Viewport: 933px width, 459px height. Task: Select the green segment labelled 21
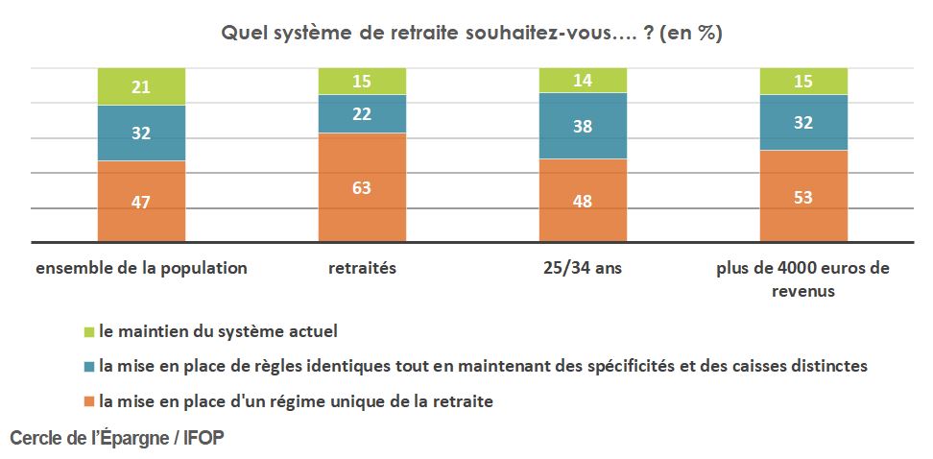coord(141,86)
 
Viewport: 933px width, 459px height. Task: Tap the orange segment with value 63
coord(362,187)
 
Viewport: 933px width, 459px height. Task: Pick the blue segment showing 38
coord(583,126)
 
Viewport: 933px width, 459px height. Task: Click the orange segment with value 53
coord(804,196)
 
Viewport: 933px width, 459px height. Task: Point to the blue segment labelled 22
coord(362,113)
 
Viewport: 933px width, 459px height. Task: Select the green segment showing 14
coord(583,80)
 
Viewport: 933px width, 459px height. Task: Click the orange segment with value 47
coord(141,201)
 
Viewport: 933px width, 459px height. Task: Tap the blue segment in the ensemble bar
coord(141,133)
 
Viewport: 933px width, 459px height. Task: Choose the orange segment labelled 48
coord(583,200)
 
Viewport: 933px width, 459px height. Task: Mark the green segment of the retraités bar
coord(362,81)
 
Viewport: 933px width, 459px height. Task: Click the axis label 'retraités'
coord(362,269)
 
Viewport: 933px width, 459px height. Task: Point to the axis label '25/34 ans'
coord(583,269)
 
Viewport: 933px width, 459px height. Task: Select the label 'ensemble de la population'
coord(141,269)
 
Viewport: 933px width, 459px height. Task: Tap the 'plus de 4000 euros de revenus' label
coord(803,278)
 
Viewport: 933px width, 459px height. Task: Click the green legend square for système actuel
coord(89,331)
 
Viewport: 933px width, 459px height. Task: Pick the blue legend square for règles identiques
coord(89,366)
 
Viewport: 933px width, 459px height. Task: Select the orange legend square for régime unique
coord(89,401)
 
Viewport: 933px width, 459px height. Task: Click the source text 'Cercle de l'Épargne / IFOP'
coord(117,438)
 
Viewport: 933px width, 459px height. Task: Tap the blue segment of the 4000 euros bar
coord(804,122)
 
